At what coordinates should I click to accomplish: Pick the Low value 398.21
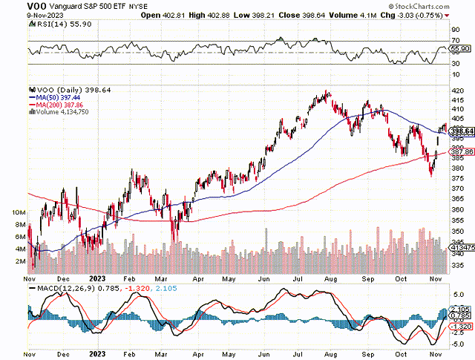tap(272, 16)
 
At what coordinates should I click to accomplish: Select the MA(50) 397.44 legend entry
tap(53, 96)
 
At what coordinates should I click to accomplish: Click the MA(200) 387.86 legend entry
tap(55, 104)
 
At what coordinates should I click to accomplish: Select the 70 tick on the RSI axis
tap(456, 39)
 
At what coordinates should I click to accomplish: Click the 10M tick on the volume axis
tap(19, 212)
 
